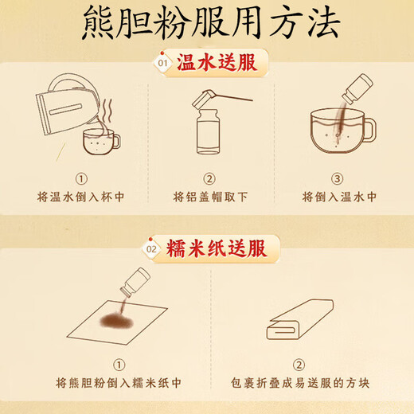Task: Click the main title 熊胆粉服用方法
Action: (x=207, y=23)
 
